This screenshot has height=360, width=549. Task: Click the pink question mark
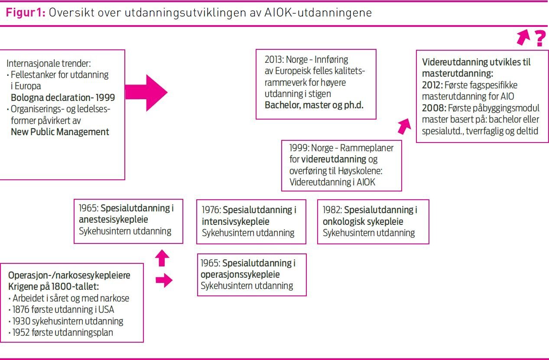click(539, 39)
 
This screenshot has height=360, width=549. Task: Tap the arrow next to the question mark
click(523, 38)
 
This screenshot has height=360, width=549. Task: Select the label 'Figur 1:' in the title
click(25, 13)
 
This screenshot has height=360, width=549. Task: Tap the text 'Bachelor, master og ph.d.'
click(314, 105)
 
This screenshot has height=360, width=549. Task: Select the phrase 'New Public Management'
click(60, 132)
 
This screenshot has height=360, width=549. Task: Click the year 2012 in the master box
click(432, 85)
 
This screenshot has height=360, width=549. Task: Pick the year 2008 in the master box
click(432, 107)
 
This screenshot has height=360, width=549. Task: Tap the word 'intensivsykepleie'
click(238, 221)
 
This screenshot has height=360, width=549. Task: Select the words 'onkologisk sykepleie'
click(363, 221)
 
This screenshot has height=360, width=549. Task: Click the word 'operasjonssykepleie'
click(240, 275)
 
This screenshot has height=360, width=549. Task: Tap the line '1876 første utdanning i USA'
click(64, 310)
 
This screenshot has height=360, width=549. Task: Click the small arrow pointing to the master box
click(403, 126)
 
